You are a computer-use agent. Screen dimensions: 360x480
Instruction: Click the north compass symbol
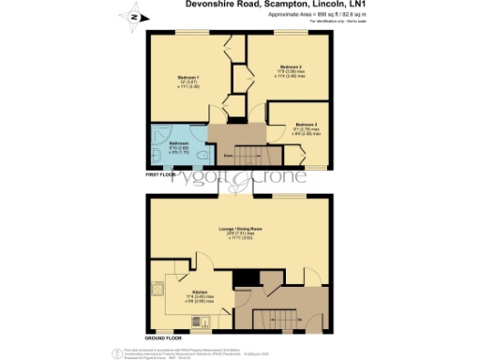point(133,16)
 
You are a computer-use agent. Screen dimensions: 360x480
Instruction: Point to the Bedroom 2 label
point(292,67)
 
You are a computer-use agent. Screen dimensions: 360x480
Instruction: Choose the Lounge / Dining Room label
point(240,229)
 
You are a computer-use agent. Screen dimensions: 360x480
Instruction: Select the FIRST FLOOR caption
point(162,174)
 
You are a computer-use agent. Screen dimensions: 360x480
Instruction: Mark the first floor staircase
point(248,153)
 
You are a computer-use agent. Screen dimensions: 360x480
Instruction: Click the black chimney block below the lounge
point(245,277)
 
